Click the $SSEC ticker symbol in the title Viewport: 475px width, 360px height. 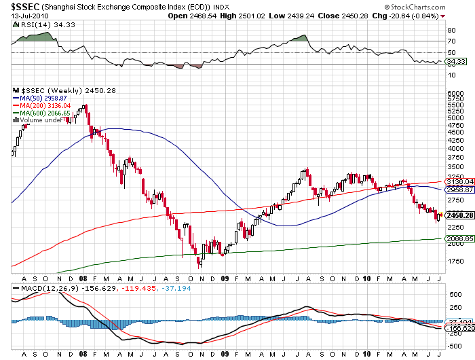[18, 6]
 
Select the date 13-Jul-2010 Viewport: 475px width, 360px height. [23, 15]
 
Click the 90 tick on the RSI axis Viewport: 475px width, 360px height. [450, 30]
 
